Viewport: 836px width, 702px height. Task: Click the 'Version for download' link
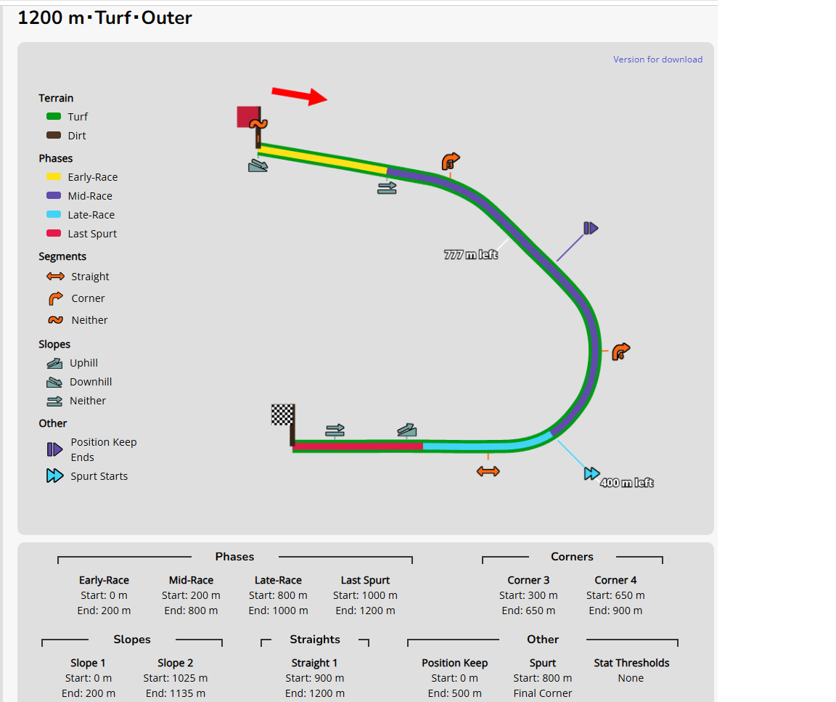(x=657, y=60)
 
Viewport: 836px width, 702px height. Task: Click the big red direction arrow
(x=299, y=96)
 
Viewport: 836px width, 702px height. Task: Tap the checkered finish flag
(x=282, y=415)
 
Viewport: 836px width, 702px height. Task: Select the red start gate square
(x=248, y=117)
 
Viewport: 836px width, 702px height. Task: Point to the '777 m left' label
(x=471, y=255)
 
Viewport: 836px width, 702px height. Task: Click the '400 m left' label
(x=627, y=483)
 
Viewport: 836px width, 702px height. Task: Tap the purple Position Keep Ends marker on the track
(x=591, y=228)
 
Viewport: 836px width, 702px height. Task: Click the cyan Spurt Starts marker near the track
(x=591, y=473)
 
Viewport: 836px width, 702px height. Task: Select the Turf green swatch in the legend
(x=53, y=116)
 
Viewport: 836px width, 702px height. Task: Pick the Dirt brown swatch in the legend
(x=53, y=135)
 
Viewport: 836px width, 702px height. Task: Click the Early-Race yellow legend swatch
(x=53, y=176)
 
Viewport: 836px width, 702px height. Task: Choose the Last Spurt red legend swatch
(x=53, y=233)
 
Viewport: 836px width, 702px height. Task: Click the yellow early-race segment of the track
(x=323, y=159)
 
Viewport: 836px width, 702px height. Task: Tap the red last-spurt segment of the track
(x=358, y=446)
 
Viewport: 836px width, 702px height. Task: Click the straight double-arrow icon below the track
(x=488, y=471)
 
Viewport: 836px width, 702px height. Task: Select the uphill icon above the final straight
(x=407, y=430)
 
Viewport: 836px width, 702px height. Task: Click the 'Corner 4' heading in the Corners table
(x=615, y=580)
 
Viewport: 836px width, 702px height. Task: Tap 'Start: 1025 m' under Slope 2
(x=176, y=678)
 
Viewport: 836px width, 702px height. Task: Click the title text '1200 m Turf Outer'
(x=105, y=17)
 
